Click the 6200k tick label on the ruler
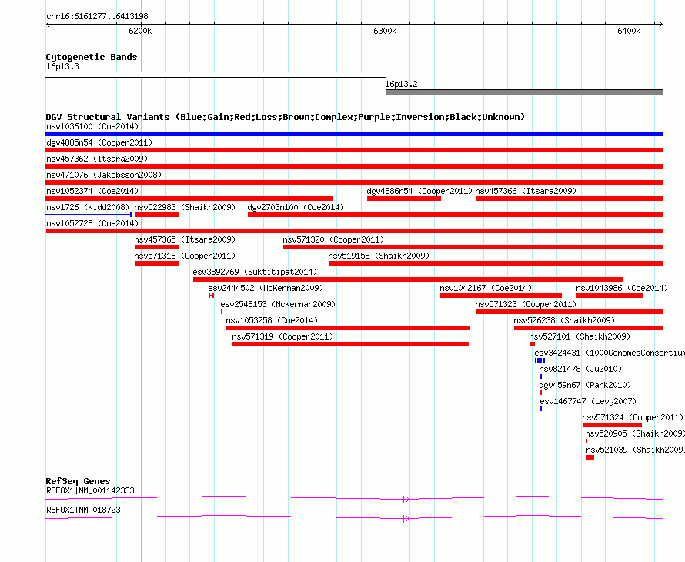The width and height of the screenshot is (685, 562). click(140, 31)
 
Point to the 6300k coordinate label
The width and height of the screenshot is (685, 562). click(385, 31)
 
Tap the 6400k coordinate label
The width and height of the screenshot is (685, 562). click(629, 31)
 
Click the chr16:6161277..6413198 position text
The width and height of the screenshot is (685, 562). click(97, 17)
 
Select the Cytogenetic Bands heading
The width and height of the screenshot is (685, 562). click(92, 57)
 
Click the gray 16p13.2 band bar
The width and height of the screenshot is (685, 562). click(524, 92)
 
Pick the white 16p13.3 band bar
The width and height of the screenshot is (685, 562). click(216, 75)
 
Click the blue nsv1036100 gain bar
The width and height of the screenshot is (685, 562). click(354, 134)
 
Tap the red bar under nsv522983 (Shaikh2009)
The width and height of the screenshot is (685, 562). click(157, 215)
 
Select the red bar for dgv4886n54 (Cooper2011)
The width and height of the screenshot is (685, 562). click(403, 199)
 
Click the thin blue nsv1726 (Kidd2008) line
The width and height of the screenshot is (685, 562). click(89, 215)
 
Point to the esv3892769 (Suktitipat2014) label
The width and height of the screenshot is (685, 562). click(255, 272)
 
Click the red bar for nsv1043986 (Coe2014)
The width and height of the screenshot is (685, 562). click(610, 296)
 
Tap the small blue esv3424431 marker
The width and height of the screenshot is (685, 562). click(540, 360)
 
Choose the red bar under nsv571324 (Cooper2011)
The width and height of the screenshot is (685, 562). click(612, 425)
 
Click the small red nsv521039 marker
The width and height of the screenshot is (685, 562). click(590, 457)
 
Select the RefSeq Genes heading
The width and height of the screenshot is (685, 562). click(78, 481)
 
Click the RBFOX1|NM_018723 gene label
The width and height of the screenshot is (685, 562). click(83, 510)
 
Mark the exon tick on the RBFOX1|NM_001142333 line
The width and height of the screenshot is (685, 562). click(403, 499)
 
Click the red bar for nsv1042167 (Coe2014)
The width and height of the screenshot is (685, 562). click(500, 296)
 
